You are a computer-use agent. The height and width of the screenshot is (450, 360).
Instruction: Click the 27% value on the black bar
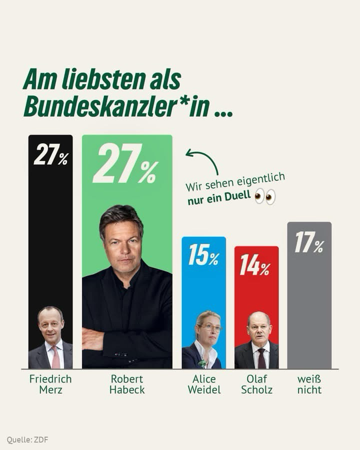(x=50, y=155)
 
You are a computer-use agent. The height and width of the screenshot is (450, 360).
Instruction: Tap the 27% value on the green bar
(x=125, y=163)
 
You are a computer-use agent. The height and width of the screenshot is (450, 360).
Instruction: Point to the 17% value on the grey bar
(x=309, y=242)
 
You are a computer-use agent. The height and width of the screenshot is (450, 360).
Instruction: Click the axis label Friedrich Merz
(x=50, y=384)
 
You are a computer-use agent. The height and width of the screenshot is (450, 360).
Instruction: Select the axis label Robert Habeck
(x=127, y=384)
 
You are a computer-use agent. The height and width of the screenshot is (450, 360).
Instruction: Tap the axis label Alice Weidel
(x=204, y=384)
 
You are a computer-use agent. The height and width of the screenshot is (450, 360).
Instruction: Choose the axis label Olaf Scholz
(x=256, y=384)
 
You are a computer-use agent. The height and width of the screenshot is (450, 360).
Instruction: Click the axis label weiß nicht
(x=309, y=384)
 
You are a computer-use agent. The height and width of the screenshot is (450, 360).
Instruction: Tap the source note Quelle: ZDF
(x=27, y=440)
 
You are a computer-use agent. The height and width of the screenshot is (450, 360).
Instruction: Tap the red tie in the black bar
(x=55, y=357)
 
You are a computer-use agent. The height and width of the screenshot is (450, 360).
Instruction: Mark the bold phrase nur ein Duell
(x=219, y=200)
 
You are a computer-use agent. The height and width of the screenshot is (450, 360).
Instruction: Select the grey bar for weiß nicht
(x=309, y=310)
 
